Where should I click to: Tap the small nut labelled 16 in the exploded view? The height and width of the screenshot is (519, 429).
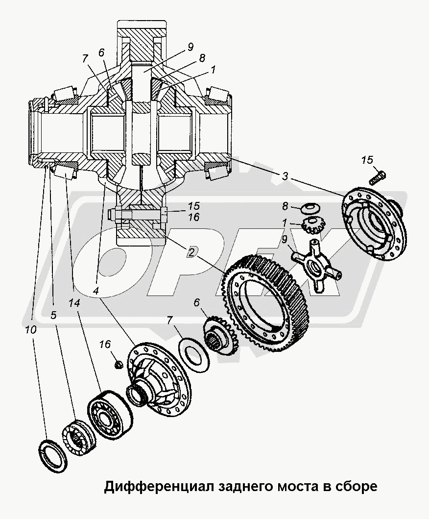(118, 364)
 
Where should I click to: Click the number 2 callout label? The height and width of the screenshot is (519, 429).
(193, 252)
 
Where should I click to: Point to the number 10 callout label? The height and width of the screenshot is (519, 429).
(30, 331)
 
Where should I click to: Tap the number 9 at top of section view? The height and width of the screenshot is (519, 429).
(190, 48)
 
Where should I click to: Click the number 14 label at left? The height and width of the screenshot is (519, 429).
(74, 303)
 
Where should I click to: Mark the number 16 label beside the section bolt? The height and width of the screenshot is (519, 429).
(193, 217)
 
